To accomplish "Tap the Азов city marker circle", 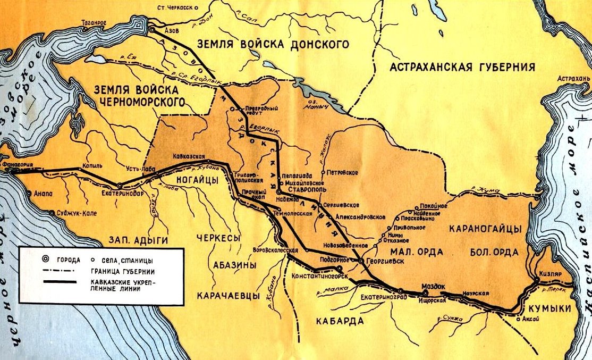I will (x=152, y=30).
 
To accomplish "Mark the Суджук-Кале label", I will (x=73, y=213).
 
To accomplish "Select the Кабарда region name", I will (x=339, y=320).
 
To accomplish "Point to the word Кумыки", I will (x=547, y=309).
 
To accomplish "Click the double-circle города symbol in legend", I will (x=45, y=259).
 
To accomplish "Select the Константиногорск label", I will (x=319, y=277).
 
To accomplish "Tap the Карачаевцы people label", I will (x=221, y=296).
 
